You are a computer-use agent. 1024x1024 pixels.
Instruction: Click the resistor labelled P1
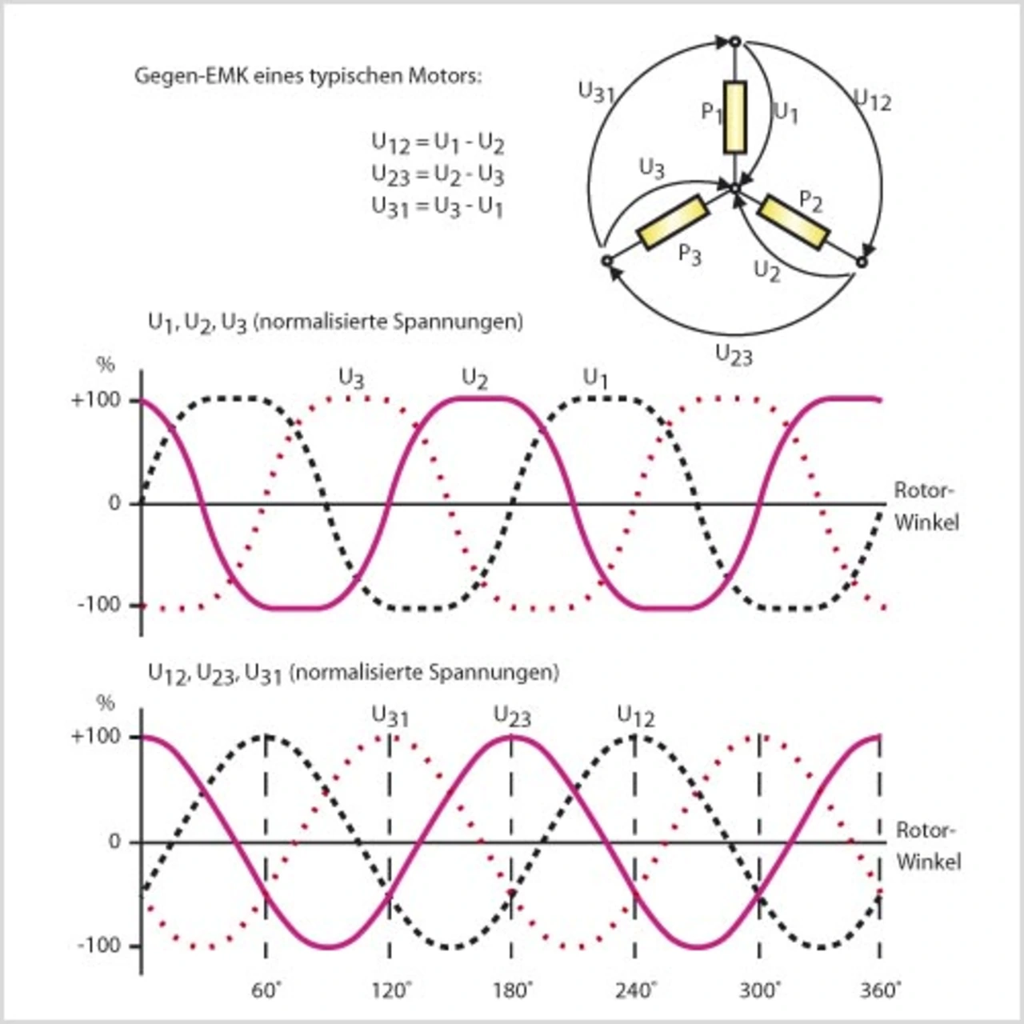[x=734, y=117]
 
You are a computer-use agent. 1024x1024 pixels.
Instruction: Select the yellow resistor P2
[x=793, y=222]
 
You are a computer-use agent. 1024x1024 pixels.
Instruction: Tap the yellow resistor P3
[x=673, y=222]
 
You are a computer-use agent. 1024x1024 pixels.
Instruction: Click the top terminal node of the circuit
[x=734, y=41]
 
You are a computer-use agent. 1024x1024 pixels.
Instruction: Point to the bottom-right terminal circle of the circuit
[x=862, y=262]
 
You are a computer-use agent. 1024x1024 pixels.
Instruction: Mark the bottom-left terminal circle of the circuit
[x=606, y=261]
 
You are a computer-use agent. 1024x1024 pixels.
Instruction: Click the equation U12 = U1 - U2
[x=437, y=143]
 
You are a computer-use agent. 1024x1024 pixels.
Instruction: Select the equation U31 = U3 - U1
[x=437, y=206]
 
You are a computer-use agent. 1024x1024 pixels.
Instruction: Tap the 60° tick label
[x=266, y=990]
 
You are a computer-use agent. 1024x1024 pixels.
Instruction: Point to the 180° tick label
[x=512, y=990]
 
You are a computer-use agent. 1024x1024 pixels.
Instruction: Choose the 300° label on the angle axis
[x=758, y=990]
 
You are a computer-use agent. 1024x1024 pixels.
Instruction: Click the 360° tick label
[x=880, y=990]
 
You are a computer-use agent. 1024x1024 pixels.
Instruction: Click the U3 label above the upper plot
[x=352, y=378]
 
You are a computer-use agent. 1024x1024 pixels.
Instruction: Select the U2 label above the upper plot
[x=475, y=378]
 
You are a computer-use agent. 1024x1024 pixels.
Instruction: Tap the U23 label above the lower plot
[x=512, y=716]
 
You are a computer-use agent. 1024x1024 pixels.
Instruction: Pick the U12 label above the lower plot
[x=636, y=716]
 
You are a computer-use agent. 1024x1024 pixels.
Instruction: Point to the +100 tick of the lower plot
[x=95, y=736]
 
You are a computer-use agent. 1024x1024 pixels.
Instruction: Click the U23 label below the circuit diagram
[x=734, y=354]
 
